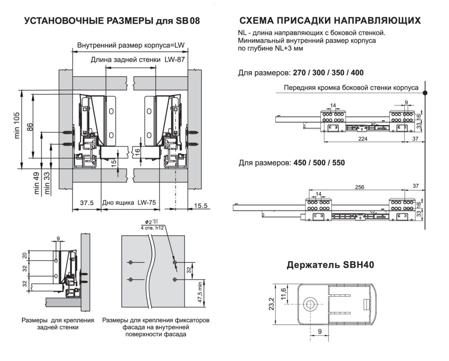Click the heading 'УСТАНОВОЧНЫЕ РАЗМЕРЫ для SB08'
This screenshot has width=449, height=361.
(x=112, y=21)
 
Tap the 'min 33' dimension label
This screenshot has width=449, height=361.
(x=47, y=183)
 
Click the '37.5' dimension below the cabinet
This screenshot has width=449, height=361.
(x=86, y=203)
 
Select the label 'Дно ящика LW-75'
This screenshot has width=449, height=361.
(x=129, y=203)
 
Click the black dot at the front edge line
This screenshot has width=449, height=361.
(x=425, y=93)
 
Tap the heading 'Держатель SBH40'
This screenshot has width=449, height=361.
(x=330, y=265)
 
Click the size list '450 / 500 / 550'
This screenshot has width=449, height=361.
(x=317, y=163)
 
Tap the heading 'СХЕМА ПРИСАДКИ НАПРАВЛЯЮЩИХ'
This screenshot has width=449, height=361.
(x=330, y=21)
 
